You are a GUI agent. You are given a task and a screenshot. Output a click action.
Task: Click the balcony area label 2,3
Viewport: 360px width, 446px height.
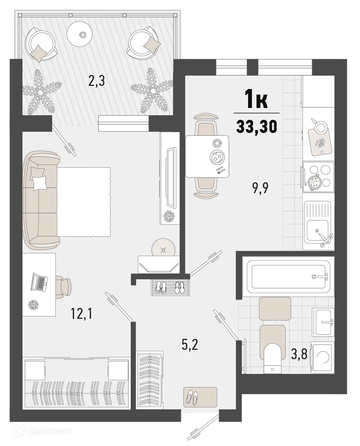pos(97,82)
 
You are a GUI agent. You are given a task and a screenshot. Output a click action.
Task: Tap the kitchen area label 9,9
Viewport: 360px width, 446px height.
pos(260,189)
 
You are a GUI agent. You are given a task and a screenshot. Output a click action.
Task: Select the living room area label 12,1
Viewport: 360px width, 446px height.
pos(82,314)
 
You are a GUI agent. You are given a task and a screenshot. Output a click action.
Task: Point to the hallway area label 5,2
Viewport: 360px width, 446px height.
pos(190,345)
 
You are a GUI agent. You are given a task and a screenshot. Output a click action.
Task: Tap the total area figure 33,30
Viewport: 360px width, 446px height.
pos(257,127)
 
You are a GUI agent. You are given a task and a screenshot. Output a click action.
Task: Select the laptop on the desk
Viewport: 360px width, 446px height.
pos(39,282)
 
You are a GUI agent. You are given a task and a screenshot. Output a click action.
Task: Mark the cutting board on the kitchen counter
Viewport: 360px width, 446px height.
pos(320,141)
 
